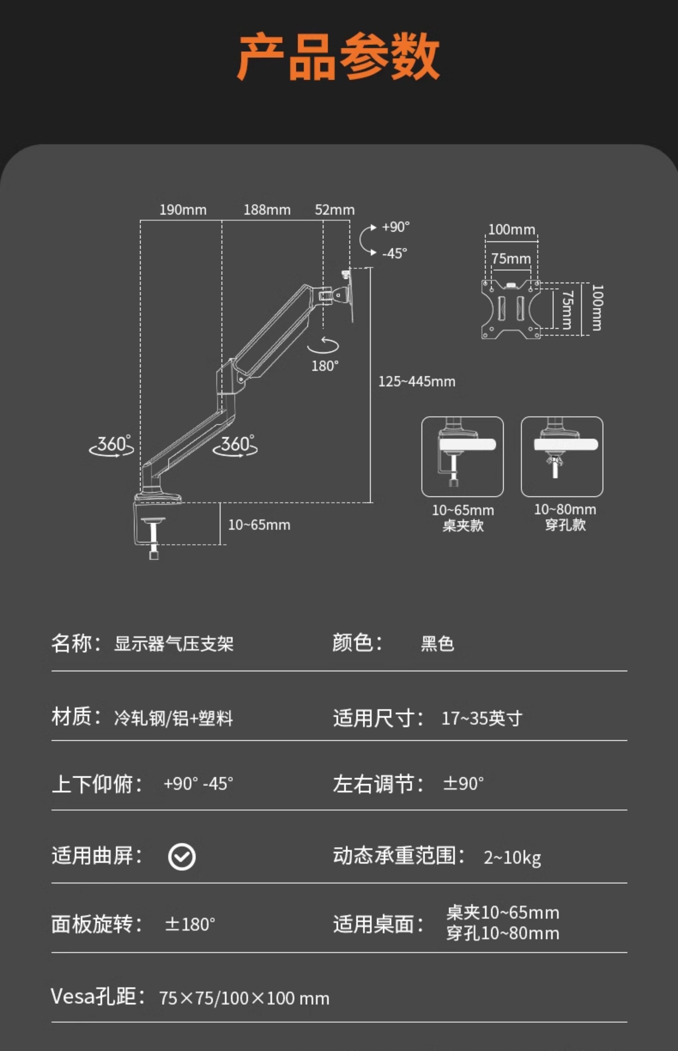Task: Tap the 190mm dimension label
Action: pyautogui.click(x=183, y=210)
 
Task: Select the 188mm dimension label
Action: pyautogui.click(x=267, y=210)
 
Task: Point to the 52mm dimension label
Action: pyautogui.click(x=335, y=210)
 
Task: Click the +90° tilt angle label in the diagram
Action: pyautogui.click(x=395, y=227)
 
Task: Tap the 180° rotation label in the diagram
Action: pyautogui.click(x=325, y=366)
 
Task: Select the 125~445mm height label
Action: pyautogui.click(x=416, y=381)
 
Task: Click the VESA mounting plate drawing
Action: pyautogui.click(x=511, y=309)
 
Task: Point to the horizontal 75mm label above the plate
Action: pyautogui.click(x=511, y=259)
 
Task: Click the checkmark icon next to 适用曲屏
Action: pyautogui.click(x=182, y=857)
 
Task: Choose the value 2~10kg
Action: pyautogui.click(x=512, y=857)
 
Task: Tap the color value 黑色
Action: pyautogui.click(x=437, y=644)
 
